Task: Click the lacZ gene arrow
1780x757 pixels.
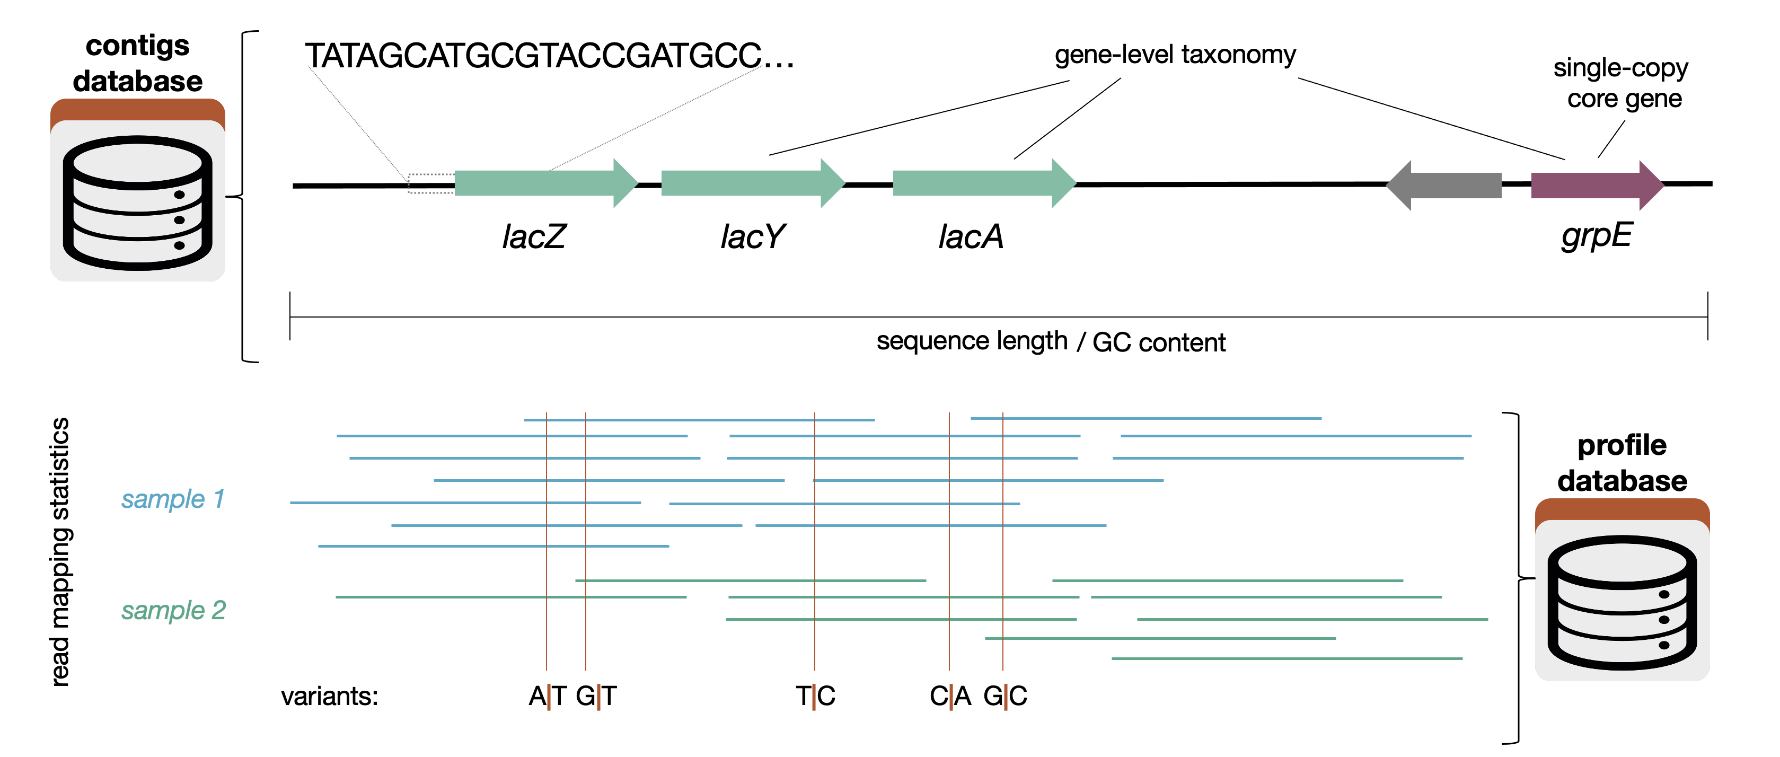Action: pyautogui.click(x=539, y=183)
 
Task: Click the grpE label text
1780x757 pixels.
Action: pyautogui.click(x=1596, y=235)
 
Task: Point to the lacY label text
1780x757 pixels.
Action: pyautogui.click(x=752, y=237)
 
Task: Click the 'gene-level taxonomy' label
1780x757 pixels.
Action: pyautogui.click(x=1175, y=55)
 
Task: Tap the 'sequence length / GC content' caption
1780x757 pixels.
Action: pyautogui.click(x=1050, y=341)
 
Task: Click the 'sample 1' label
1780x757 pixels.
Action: pyautogui.click(x=173, y=498)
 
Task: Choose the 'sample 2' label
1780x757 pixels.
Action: pyautogui.click(x=173, y=610)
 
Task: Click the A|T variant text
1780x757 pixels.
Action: pyautogui.click(x=547, y=696)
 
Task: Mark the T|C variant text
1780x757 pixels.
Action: pyautogui.click(x=815, y=696)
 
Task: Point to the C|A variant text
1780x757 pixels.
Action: pyautogui.click(x=949, y=696)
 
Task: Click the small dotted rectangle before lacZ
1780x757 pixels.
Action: pyautogui.click(x=430, y=183)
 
